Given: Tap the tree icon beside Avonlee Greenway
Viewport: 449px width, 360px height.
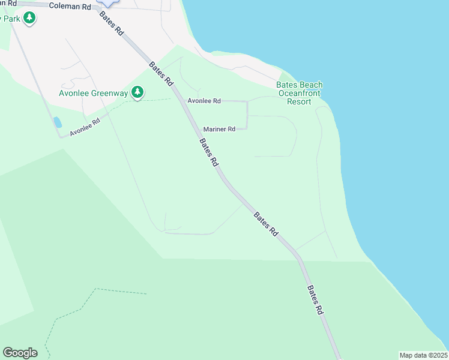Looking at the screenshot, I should [x=138, y=92].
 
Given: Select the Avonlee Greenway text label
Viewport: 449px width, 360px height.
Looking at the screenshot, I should [x=94, y=93].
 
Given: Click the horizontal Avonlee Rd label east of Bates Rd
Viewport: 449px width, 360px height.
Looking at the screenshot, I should [x=204, y=101].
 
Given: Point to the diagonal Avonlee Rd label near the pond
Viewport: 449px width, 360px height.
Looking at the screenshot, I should [x=84, y=125].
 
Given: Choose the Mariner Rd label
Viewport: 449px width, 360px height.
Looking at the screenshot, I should [x=219, y=128].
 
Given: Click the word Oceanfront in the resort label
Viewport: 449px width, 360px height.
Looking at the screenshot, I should [x=299, y=93].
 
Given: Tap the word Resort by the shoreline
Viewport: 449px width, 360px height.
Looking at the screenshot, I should [x=299, y=101].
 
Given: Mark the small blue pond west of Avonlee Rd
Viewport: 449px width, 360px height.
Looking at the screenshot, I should [x=58, y=122].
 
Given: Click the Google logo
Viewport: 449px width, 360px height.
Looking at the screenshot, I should [x=20, y=353].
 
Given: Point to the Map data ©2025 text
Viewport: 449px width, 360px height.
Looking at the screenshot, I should [x=423, y=355].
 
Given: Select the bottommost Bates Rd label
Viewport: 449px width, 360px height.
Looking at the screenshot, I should [x=316, y=299].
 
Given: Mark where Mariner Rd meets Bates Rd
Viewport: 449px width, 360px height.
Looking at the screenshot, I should [x=196, y=128].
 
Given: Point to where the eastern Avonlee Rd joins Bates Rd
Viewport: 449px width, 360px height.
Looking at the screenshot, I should [x=181, y=101].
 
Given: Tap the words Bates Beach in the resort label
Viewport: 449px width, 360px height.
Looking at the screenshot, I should [x=299, y=85].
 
